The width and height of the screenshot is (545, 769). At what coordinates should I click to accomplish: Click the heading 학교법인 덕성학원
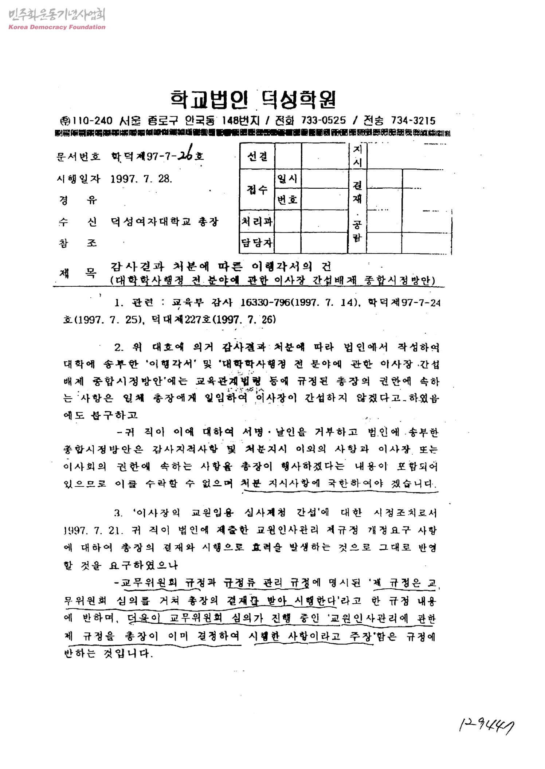[253, 99]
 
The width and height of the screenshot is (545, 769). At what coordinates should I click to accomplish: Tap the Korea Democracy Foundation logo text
[57, 27]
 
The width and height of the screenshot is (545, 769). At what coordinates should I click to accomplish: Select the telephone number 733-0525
[324, 121]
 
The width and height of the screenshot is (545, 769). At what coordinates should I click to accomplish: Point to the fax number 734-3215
[413, 121]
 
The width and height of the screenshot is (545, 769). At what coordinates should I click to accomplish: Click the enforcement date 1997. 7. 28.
[141, 178]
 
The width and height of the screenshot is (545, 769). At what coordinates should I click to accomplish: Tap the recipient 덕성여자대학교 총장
[165, 221]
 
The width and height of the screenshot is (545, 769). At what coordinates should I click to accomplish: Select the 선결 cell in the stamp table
[257, 156]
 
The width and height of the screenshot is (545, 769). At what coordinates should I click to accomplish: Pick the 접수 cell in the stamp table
[257, 189]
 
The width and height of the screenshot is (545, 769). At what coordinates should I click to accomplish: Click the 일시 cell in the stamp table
[287, 178]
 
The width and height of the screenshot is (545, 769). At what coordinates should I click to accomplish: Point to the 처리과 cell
[257, 221]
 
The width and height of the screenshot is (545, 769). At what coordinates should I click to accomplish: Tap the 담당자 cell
[257, 242]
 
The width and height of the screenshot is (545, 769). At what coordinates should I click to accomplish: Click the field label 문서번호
[78, 157]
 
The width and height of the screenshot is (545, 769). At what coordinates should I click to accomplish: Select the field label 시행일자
[78, 178]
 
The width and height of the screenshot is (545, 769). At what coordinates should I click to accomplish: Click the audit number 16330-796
[265, 303]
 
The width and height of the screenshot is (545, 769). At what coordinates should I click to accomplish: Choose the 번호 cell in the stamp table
[287, 200]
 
